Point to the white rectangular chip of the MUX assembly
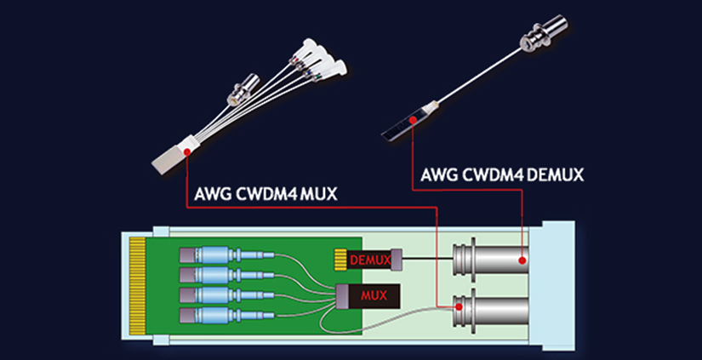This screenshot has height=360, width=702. click(x=174, y=157)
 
